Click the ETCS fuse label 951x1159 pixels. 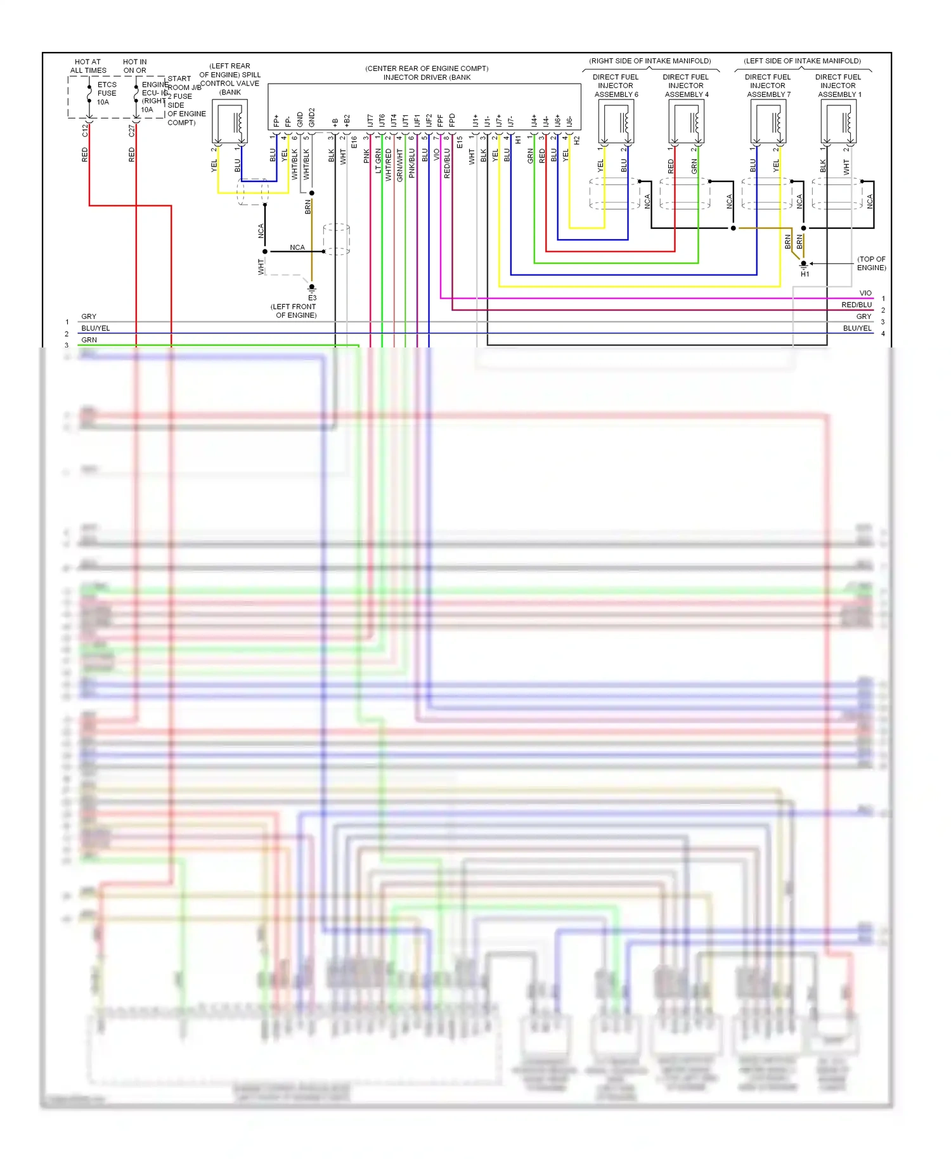107,93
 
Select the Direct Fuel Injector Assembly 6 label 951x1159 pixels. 616,86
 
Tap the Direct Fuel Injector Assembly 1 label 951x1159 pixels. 838,86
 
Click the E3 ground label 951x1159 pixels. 312,297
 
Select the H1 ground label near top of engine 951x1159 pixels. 805,274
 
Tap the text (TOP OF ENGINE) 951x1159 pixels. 871,263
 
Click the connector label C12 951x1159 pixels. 85,130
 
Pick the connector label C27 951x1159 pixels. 132,130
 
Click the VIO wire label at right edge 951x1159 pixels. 865,293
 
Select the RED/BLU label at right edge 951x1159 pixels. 857,305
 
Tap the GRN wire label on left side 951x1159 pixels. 89,340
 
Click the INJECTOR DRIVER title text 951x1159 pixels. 427,77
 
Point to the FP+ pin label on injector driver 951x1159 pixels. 276,120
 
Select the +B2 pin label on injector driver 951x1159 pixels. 347,120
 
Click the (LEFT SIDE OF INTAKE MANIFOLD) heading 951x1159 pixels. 802,61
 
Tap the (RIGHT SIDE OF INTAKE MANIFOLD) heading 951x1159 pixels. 650,61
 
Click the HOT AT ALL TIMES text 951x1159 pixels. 88,66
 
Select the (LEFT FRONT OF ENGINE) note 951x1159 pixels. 294,311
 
